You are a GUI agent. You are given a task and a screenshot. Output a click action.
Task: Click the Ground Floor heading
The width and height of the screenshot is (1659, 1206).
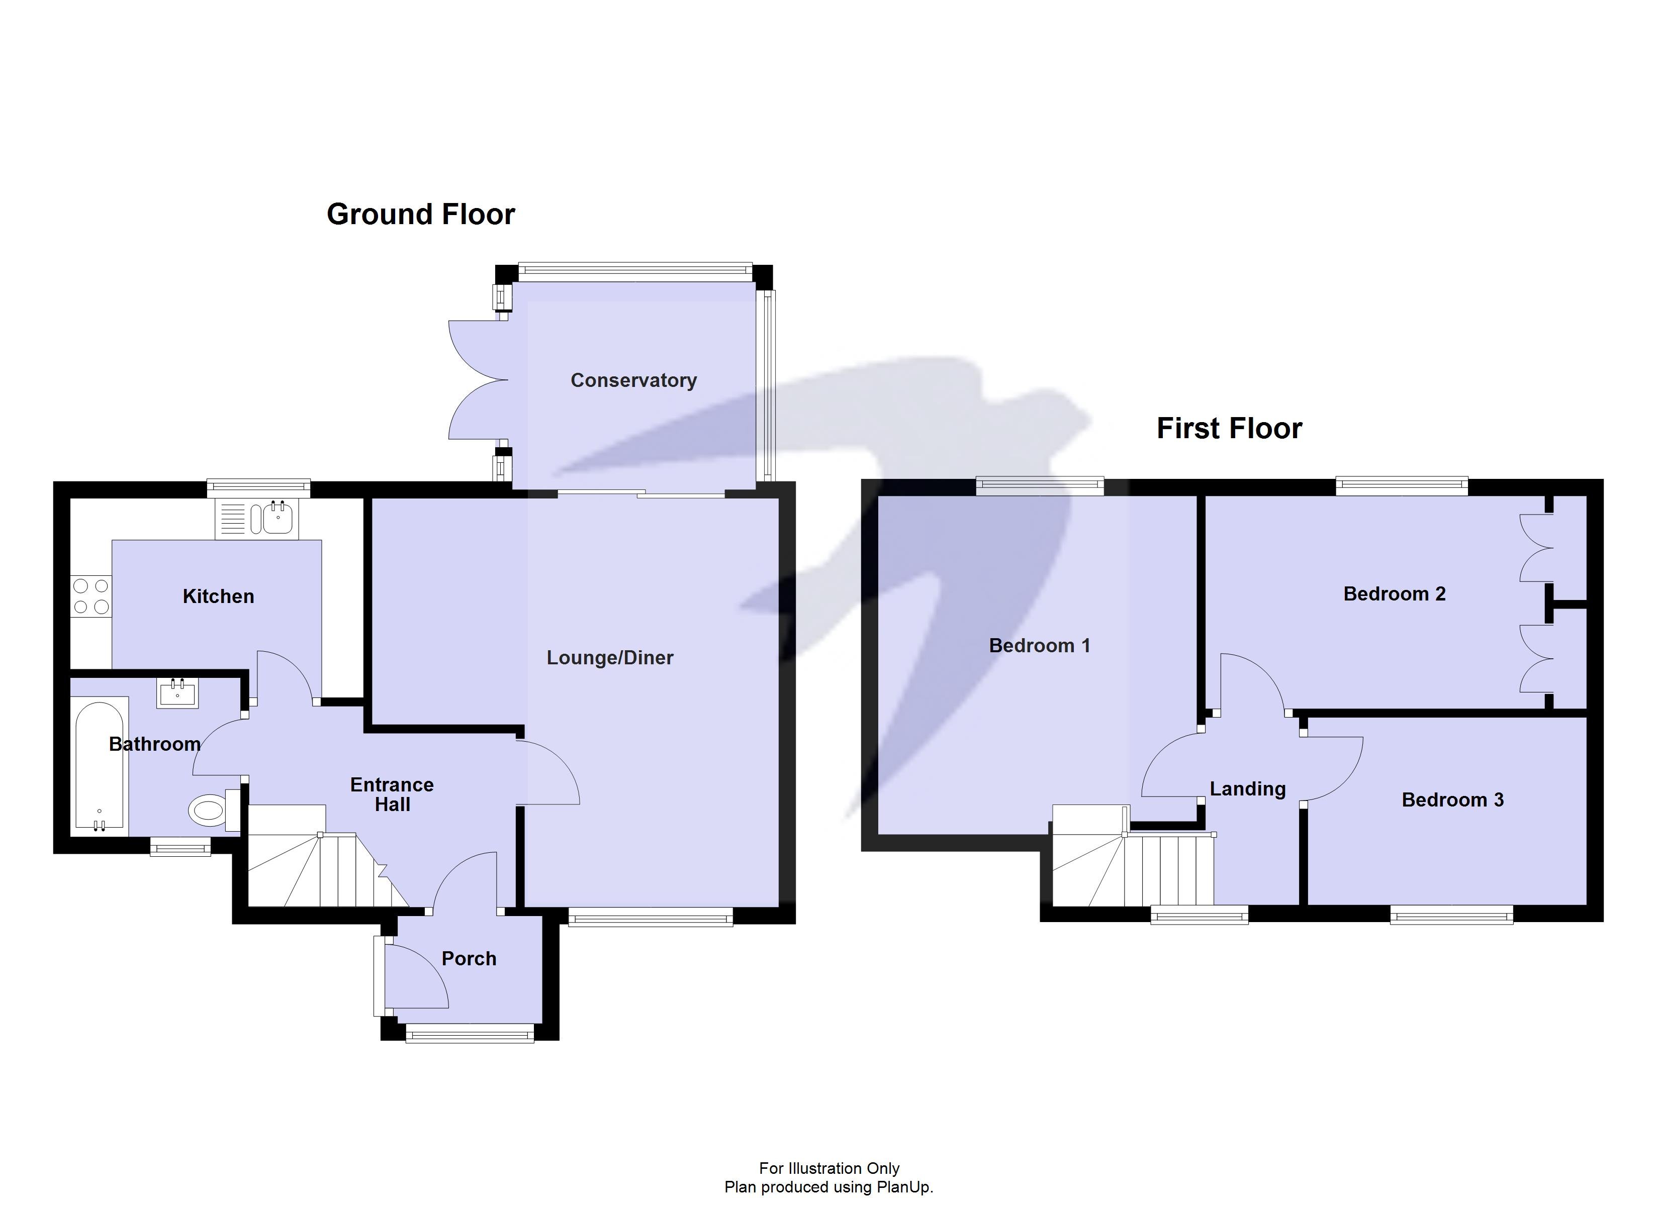(x=421, y=214)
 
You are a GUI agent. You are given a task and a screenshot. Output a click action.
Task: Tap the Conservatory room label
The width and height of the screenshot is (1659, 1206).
(x=633, y=380)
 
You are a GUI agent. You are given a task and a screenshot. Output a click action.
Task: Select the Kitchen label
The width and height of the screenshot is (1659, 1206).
(x=218, y=596)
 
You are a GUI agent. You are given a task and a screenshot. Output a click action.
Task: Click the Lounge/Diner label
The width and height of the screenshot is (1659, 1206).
(x=610, y=657)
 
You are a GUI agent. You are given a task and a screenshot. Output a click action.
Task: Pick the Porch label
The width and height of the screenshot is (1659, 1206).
(x=469, y=958)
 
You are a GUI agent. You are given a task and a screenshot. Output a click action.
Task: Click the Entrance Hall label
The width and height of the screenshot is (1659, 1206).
(x=392, y=794)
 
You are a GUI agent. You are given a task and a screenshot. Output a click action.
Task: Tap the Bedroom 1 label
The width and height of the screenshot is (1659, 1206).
(x=1040, y=645)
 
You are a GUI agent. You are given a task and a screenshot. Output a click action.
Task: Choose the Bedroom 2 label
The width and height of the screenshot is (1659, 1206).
(x=1394, y=594)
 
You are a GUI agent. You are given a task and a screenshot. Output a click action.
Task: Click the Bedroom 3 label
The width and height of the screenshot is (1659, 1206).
(x=1453, y=799)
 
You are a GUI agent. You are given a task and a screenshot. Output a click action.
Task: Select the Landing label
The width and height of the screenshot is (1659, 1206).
(x=1247, y=788)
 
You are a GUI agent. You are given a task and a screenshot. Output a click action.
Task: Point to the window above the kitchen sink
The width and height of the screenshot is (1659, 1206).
(x=258, y=485)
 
